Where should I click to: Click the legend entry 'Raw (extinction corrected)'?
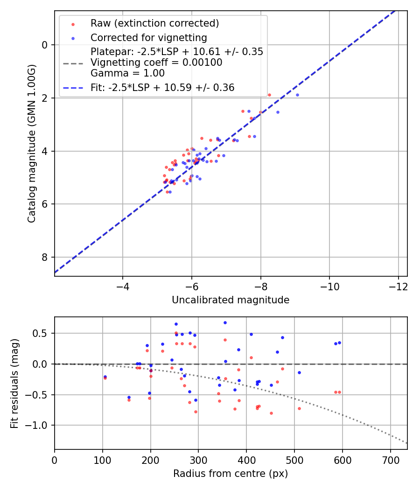[154, 23]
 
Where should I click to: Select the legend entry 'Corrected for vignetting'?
[148, 37]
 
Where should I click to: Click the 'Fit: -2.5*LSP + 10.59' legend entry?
[162, 87]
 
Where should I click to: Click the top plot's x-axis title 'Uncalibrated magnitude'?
[231, 300]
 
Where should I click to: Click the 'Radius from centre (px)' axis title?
[231, 474]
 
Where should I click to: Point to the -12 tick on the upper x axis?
[398, 285]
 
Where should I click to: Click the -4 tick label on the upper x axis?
[123, 285]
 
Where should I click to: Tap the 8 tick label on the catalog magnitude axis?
[45, 258]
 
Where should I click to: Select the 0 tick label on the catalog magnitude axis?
[45, 45]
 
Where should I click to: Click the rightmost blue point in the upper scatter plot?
[297, 95]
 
